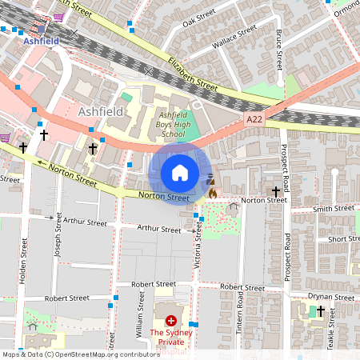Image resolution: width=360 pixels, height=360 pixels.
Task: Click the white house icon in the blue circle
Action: (180, 172)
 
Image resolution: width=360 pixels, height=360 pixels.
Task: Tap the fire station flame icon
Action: (212, 193)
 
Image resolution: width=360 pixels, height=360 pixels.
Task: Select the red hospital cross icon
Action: (170, 320)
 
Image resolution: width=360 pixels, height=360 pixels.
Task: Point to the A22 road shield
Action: (254, 119)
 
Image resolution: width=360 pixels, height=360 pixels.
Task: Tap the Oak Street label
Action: (199, 18)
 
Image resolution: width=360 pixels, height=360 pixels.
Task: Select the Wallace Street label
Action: (234, 37)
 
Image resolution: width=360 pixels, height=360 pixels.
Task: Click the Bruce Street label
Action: (279, 49)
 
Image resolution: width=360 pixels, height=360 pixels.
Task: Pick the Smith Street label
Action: (334, 209)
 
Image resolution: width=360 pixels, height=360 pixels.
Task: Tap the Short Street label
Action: (343, 239)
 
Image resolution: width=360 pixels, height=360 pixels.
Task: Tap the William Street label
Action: (138, 318)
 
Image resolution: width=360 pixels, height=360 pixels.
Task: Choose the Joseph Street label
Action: (58, 240)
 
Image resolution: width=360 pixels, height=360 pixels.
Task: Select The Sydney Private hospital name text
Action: (170, 337)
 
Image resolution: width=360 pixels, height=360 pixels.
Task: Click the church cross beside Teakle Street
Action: (321, 311)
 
